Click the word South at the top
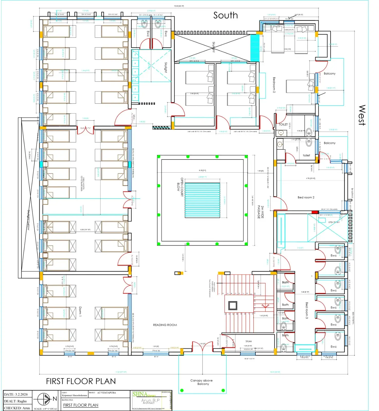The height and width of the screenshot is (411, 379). [225, 15]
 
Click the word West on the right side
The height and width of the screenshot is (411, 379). [362, 115]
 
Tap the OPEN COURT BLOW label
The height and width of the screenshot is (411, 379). [180, 187]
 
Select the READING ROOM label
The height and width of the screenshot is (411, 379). [165, 325]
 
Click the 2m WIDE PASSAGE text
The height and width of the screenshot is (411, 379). [261, 212]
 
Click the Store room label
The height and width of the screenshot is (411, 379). [248, 341]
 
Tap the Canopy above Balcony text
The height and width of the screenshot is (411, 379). [201, 382]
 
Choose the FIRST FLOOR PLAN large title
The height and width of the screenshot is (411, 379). [81, 381]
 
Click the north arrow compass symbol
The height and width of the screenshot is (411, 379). [44, 399]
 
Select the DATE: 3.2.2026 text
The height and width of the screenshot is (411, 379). [16, 394]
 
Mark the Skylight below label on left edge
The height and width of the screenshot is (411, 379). [29, 220]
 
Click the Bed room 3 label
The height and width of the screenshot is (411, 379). [307, 310]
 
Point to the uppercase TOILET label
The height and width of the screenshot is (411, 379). [283, 124]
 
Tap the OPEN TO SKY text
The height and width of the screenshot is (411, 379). [334, 222]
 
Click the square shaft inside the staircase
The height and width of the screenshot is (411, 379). [233, 305]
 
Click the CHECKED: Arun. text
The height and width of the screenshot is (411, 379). [17, 408]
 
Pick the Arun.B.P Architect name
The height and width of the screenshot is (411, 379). [150, 401]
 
